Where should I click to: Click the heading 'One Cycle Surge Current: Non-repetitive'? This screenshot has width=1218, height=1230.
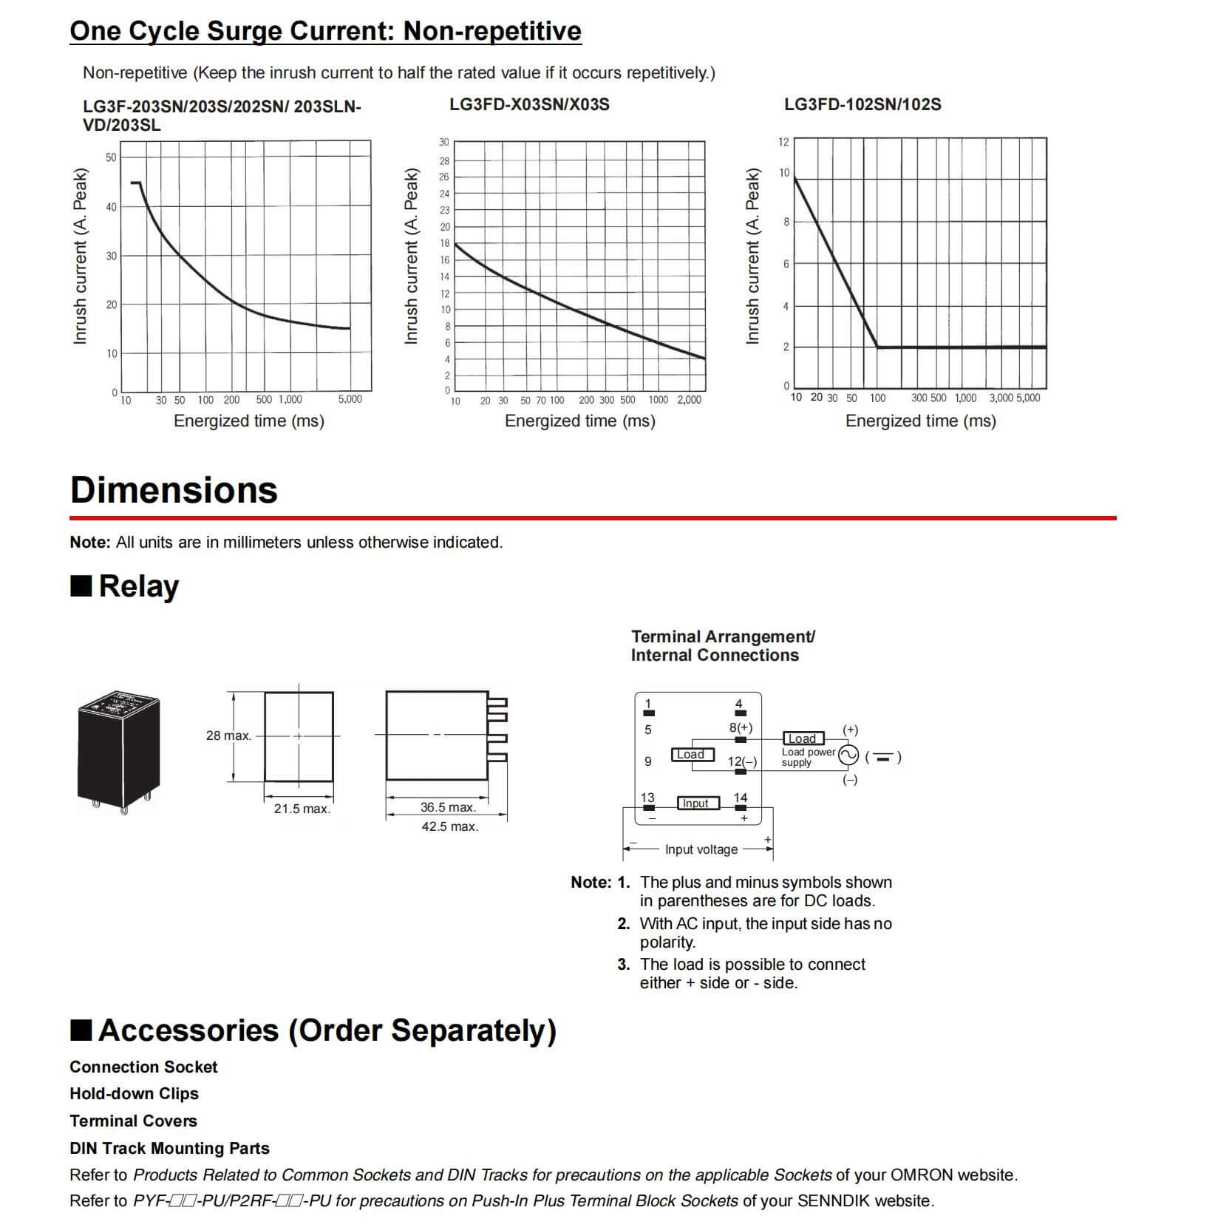click(325, 31)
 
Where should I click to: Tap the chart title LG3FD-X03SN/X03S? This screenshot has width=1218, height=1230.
click(529, 104)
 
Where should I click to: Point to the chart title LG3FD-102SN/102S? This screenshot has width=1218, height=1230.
click(863, 104)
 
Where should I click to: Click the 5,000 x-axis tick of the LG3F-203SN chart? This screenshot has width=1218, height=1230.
click(350, 399)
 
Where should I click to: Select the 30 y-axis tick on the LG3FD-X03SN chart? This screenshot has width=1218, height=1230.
click(443, 142)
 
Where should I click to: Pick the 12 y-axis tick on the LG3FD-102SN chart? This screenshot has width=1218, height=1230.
click(783, 142)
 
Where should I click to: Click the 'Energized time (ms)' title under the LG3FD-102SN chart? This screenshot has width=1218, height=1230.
click(920, 421)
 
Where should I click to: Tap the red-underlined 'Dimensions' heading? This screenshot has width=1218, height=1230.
click(174, 490)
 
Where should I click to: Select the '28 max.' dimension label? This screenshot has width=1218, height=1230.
click(228, 735)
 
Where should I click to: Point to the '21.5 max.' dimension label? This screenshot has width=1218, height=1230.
click(302, 809)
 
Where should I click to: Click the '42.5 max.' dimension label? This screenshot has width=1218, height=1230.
click(449, 826)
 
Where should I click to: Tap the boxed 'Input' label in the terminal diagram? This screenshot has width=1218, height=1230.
click(696, 803)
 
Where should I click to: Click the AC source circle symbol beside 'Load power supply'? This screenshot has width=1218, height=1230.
click(847, 755)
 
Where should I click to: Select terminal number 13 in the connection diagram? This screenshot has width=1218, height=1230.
click(647, 798)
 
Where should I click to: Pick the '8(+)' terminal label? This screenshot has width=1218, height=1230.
click(741, 727)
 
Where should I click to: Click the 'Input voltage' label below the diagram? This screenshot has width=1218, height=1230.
click(701, 849)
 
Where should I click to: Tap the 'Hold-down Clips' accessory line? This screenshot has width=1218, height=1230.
click(134, 1093)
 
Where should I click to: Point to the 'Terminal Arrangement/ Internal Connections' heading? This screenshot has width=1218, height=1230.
click(722, 645)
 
